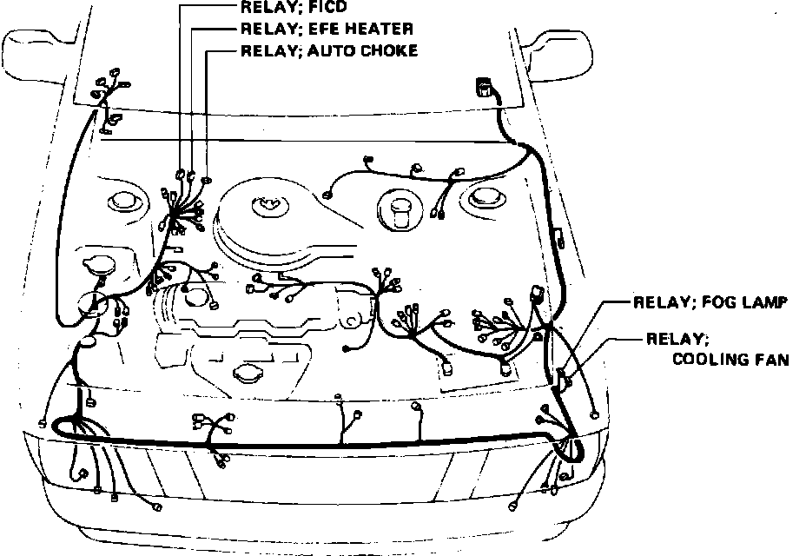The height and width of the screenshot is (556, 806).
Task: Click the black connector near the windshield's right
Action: [x=483, y=88]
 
